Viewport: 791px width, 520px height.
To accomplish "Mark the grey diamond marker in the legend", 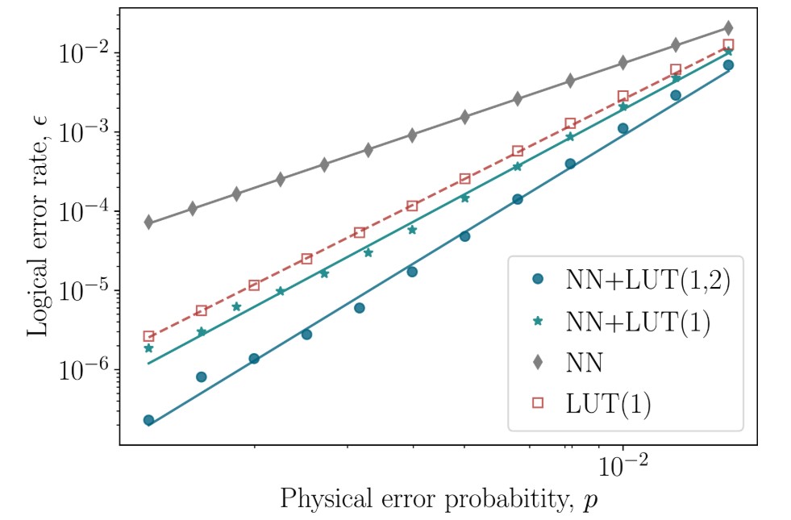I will click(x=538, y=363).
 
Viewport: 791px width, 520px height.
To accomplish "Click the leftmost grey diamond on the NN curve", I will click(x=149, y=222).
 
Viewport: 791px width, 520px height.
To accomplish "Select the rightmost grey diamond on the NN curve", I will click(x=728, y=28).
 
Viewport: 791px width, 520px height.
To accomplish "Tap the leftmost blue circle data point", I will click(x=149, y=420).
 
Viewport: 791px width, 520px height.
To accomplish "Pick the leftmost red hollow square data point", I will click(x=149, y=336).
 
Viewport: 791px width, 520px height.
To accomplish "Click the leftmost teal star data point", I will click(x=149, y=348).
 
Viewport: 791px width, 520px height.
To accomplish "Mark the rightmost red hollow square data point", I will click(x=728, y=45).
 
